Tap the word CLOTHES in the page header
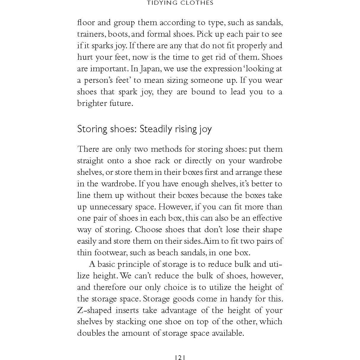tap(198, 3)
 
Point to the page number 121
tap(180, 357)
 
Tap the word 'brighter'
tap(90, 103)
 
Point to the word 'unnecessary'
tap(111, 207)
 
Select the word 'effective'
tap(267, 218)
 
